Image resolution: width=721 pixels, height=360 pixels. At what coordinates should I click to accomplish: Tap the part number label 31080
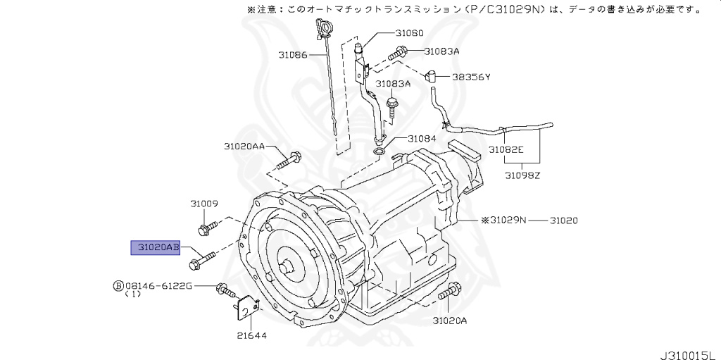click(409, 33)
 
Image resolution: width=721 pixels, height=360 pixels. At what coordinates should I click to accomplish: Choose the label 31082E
click(506, 150)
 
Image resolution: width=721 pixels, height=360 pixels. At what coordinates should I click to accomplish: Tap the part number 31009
click(203, 203)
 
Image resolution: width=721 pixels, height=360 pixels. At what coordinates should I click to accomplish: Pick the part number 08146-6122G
click(158, 285)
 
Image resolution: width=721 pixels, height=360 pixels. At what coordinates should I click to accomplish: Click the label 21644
click(251, 335)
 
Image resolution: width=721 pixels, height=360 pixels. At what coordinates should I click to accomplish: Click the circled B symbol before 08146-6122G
click(118, 285)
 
